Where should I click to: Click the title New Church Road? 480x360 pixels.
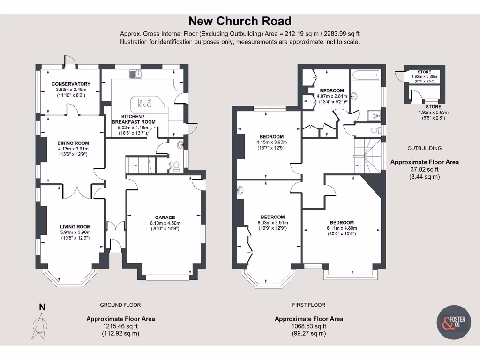pyautogui.click(x=240, y=21)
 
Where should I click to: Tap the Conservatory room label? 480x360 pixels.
pyautogui.click(x=71, y=84)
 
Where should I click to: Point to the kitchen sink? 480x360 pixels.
pyautogui.click(x=136, y=74)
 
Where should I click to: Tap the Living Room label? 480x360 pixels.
pyautogui.click(x=75, y=226)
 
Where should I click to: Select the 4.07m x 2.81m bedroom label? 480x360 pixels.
pyautogui.click(x=331, y=90)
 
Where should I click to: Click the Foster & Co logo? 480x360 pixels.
pyautogui.click(x=454, y=323)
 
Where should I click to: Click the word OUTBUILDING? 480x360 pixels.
pyautogui.click(x=425, y=148)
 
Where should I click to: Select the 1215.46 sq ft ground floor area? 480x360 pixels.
pyautogui.click(x=120, y=326)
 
